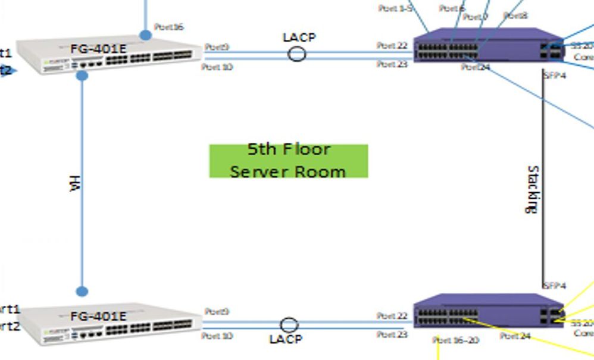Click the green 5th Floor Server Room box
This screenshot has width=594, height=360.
coord(288,161)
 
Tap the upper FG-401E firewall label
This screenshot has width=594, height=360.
coord(98,48)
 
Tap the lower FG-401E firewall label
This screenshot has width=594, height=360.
coord(98,316)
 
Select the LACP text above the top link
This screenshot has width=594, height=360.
coord(299,37)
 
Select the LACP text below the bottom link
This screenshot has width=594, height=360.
coord(286,339)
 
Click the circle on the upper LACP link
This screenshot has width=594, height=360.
coord(297,54)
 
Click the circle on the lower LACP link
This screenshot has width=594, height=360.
coord(289,325)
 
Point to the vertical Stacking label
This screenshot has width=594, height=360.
coord(533,189)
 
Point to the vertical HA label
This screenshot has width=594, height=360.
coord(74,183)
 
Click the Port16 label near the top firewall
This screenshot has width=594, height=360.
coord(168,27)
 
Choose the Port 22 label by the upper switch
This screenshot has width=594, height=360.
coord(392,46)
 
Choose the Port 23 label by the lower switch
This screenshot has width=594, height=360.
coord(392,335)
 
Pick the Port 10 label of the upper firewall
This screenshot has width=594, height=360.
coord(217,67)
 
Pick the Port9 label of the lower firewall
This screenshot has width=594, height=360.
coord(217,311)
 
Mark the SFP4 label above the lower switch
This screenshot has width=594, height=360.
coord(554,286)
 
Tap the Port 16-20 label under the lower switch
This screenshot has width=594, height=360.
coord(455,340)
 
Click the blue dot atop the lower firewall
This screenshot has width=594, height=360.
coord(82,292)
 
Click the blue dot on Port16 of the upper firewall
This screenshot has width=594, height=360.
coord(145,36)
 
